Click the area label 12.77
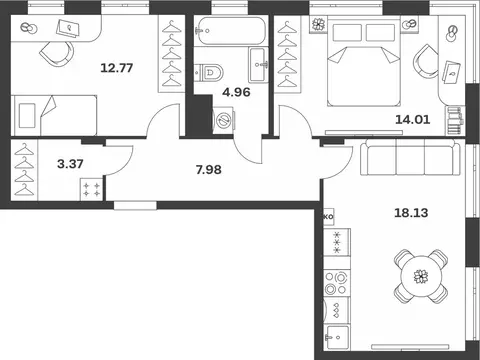[x=117, y=68]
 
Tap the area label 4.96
[x=236, y=92]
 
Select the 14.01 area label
[x=413, y=119]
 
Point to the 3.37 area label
[x=70, y=164]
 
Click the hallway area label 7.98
[x=209, y=170]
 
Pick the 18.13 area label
[x=411, y=213]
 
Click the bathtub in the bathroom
[x=231, y=31]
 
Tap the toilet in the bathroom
[x=209, y=72]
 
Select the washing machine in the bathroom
[x=224, y=120]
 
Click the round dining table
[x=421, y=276]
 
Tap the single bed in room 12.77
[x=54, y=115]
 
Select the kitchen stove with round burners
[x=336, y=283]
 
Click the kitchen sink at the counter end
[x=337, y=337]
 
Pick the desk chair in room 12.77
[x=57, y=53]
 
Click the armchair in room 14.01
[x=425, y=62]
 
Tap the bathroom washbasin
[x=258, y=64]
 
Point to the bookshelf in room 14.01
[x=455, y=121]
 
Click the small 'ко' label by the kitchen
[x=328, y=216]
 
